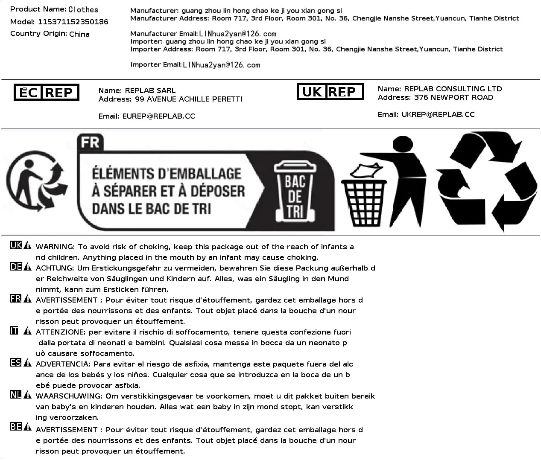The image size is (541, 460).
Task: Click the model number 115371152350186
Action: point(73,22)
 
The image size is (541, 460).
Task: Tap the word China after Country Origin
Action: point(79,34)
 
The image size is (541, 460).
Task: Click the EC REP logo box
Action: point(47,93)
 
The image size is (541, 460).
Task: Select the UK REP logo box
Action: point(330,91)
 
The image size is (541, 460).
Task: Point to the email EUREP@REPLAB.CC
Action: point(158,116)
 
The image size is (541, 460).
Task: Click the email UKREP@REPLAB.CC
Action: point(438,114)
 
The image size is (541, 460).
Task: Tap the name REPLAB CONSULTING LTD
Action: point(453,89)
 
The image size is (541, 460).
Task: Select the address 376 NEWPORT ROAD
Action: point(453,97)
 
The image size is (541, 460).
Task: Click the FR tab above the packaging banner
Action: point(90,142)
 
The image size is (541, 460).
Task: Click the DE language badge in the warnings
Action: point(16,267)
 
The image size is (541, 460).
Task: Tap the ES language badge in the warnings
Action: point(16,363)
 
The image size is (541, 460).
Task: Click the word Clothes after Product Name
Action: point(83,9)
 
